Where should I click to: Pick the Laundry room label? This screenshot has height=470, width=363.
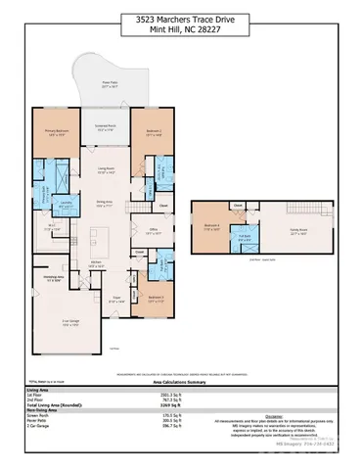click(67, 203)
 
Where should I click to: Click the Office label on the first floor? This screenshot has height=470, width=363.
click(153, 232)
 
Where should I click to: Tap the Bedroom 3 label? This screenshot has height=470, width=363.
click(154, 301)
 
